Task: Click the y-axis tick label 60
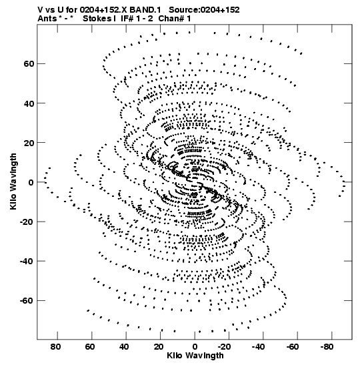click(x=29, y=63)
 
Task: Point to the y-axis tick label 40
click(x=29, y=103)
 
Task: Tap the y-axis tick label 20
click(x=29, y=143)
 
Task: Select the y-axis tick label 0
click(x=31, y=182)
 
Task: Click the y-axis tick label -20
click(x=27, y=222)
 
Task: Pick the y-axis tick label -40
click(x=27, y=261)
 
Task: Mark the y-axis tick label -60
click(x=27, y=301)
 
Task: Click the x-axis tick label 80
click(x=55, y=347)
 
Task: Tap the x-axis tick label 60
click(x=90, y=347)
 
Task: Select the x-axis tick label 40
click(x=124, y=347)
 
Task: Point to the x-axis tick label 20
click(x=159, y=347)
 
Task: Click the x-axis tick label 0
click(x=195, y=347)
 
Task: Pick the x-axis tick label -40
click(x=259, y=347)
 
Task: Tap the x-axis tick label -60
click(x=293, y=347)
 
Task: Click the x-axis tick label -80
click(x=327, y=347)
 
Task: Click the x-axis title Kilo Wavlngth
click(x=195, y=356)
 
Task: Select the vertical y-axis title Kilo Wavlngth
click(x=13, y=181)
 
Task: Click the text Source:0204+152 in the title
click(x=204, y=10)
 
